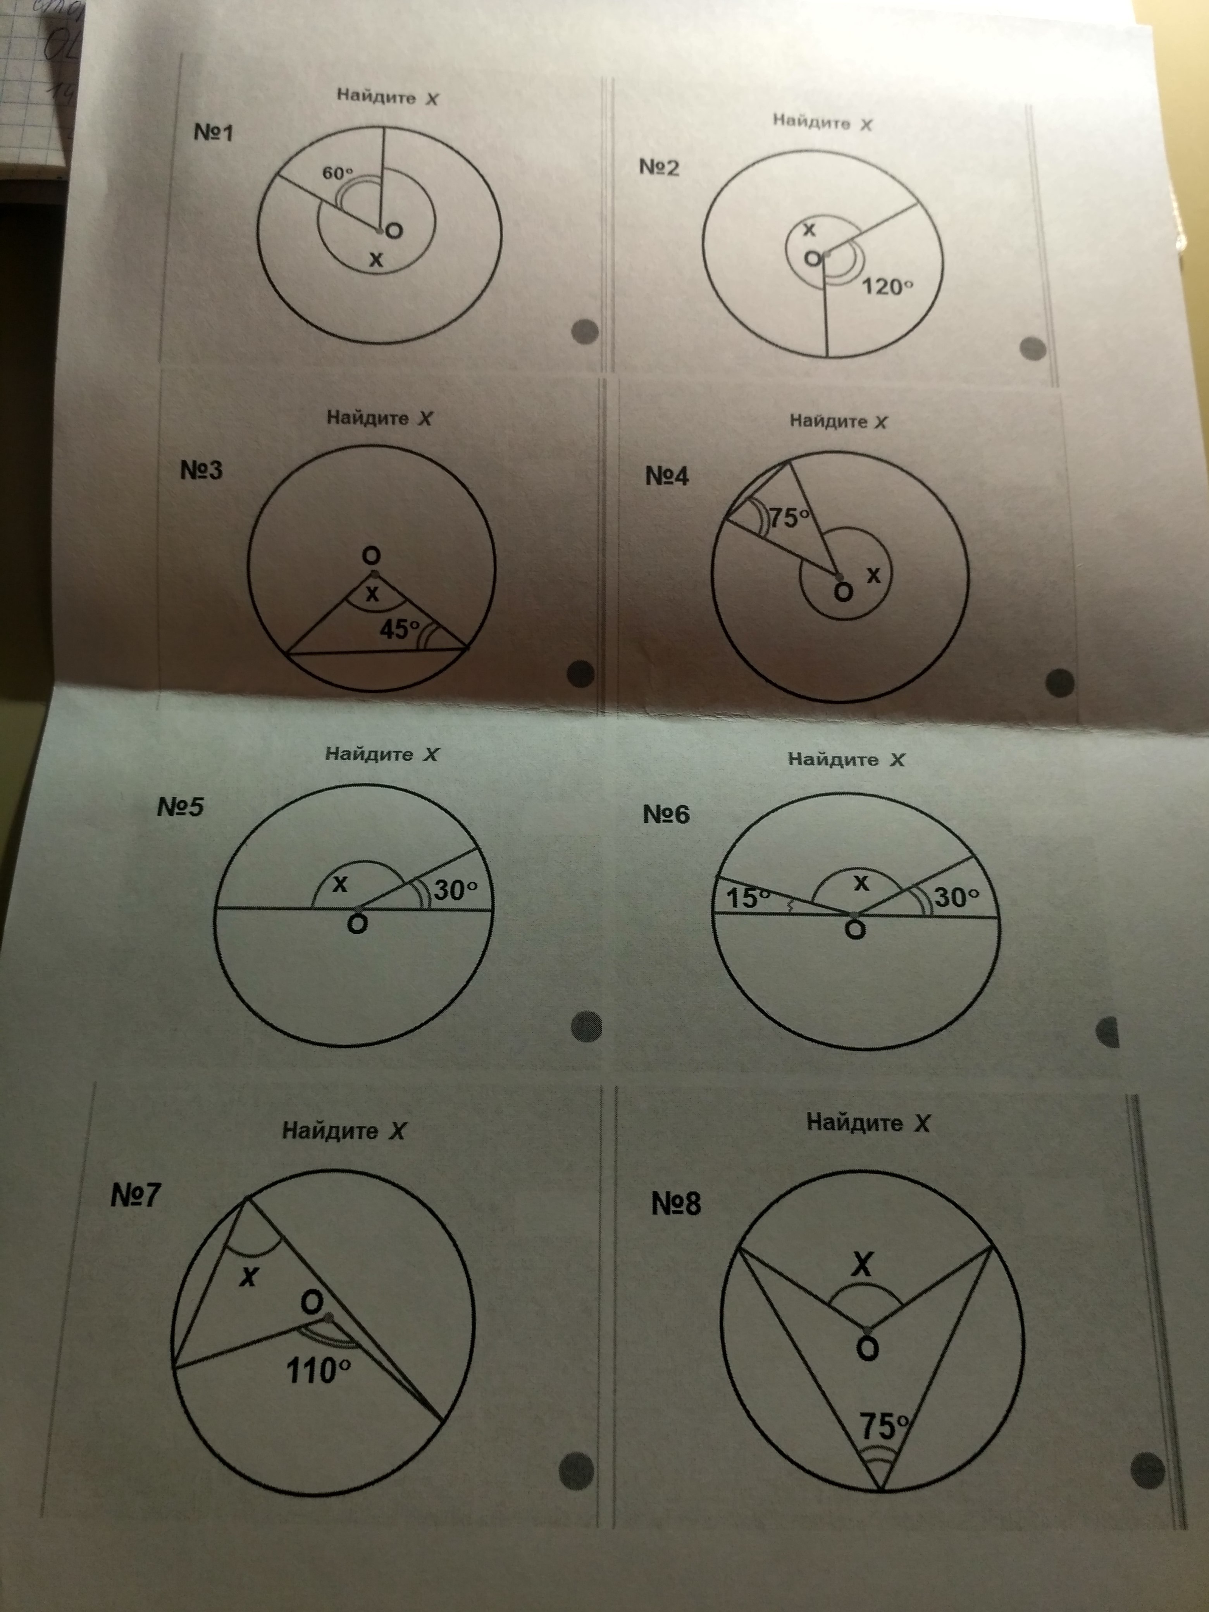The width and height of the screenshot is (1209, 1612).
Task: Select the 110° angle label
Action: (x=319, y=1371)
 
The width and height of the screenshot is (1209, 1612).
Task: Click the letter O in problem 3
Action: (x=371, y=556)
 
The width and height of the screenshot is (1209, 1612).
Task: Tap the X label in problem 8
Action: (x=862, y=1264)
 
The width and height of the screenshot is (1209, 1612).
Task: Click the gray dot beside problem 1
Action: (x=585, y=332)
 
